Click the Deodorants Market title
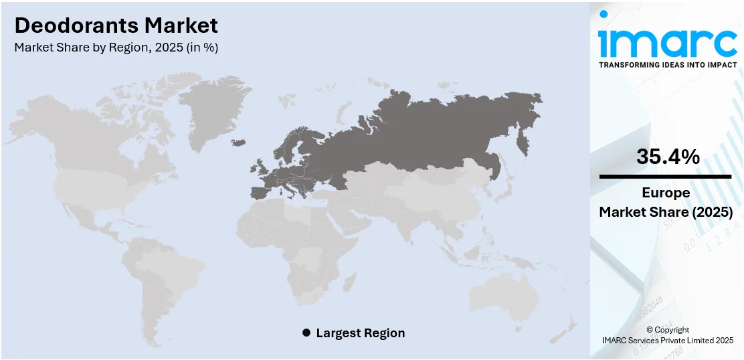(x=116, y=25)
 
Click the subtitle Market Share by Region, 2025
(x=116, y=48)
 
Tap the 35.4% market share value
(x=667, y=157)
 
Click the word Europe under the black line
(x=666, y=193)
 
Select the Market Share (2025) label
(x=666, y=212)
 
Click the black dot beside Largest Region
(x=306, y=333)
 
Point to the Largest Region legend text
(x=361, y=333)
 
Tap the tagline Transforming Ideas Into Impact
(x=667, y=65)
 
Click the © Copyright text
(x=667, y=330)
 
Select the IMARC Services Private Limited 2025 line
(x=667, y=341)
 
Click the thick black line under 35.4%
(x=665, y=177)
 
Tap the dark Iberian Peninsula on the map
(x=259, y=193)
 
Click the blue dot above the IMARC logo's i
(x=604, y=13)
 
